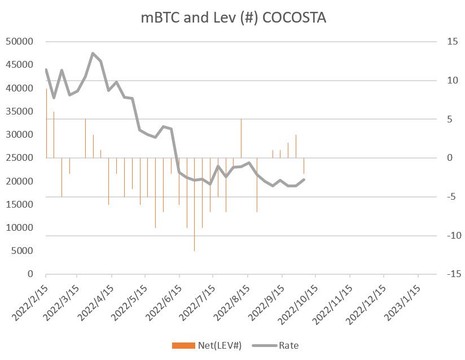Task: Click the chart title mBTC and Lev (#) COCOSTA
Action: click(x=233, y=17)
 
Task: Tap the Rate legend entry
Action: click(x=288, y=345)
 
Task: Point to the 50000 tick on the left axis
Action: click(x=20, y=42)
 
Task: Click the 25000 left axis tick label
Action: click(x=20, y=158)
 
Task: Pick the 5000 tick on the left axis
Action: click(x=23, y=251)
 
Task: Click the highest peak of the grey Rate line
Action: click(x=93, y=53)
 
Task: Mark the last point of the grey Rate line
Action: click(x=304, y=179)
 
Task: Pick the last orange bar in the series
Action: click(x=304, y=165)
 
